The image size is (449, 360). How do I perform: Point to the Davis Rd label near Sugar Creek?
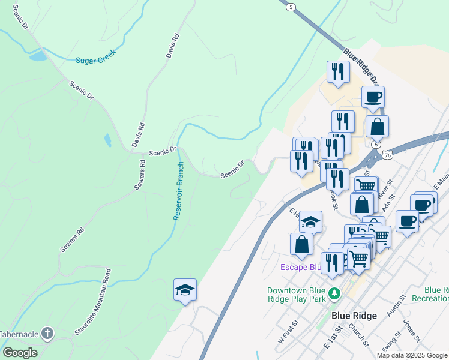173,46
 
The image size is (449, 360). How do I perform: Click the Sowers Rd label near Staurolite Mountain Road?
72,239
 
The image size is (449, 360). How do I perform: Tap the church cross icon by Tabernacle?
47,333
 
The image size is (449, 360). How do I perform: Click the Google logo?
20,353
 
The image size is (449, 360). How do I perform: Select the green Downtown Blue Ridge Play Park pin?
336,294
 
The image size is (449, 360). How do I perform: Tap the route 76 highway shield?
388,155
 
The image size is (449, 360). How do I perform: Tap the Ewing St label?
390,346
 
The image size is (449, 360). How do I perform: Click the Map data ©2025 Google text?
412,355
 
